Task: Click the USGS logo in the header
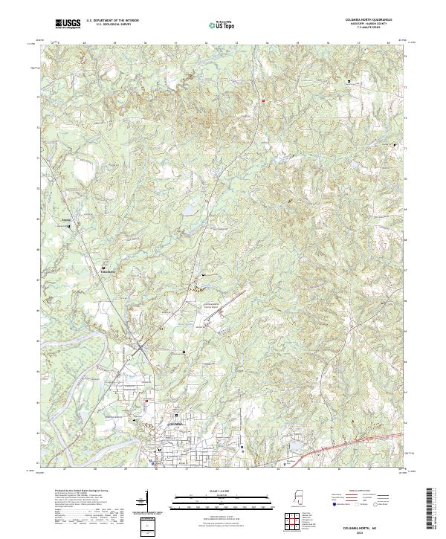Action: point(69,25)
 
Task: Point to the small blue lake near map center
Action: point(189,210)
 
